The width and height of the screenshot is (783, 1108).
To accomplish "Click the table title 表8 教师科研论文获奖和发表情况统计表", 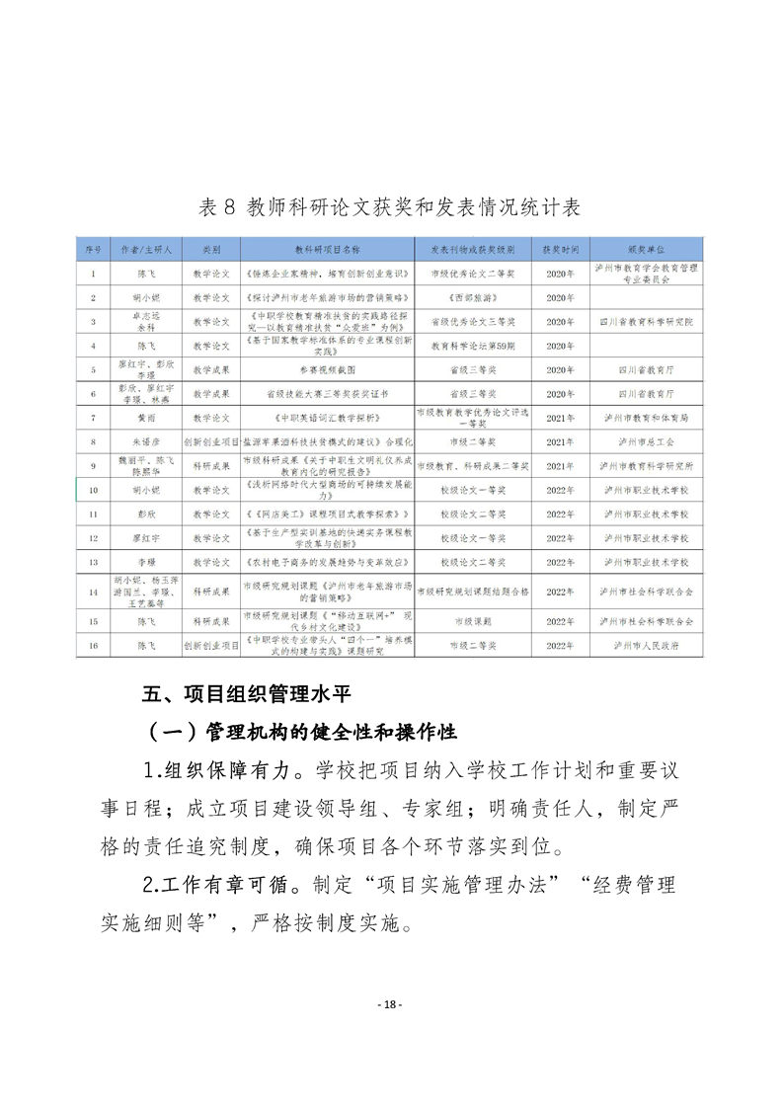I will pos(390,207).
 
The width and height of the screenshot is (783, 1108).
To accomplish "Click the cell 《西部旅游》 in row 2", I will pos(460,297).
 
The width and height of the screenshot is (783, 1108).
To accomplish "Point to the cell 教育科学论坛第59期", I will pos(460,346).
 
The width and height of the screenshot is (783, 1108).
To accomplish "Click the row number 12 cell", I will pos(93,538).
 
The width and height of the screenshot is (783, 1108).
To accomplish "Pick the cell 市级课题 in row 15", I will pos(460,622).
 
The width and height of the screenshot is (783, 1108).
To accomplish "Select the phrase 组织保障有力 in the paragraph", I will pos(239,771).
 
